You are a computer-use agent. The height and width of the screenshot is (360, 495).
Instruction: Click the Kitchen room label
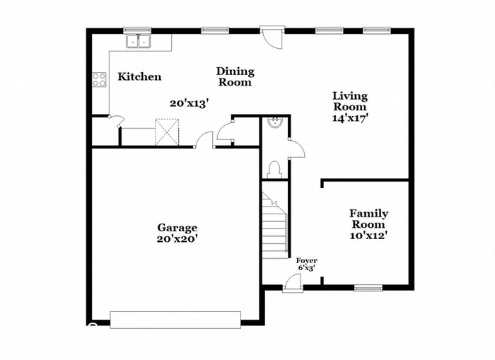pyautogui.click(x=139, y=76)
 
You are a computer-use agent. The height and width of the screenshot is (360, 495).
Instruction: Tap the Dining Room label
pyautogui.click(x=235, y=76)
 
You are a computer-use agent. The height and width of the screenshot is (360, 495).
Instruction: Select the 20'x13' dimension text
pyautogui.click(x=189, y=103)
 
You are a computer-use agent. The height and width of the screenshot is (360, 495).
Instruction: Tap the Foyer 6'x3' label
pyautogui.click(x=306, y=265)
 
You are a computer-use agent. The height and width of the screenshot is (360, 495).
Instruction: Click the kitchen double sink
pyautogui.click(x=139, y=42)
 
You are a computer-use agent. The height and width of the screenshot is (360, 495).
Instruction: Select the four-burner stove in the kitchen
pyautogui.click(x=98, y=80)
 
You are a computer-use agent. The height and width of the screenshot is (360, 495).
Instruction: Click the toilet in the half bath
pyautogui.click(x=275, y=169)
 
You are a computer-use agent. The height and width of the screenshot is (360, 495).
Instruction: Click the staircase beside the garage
pyautogui.click(x=274, y=226)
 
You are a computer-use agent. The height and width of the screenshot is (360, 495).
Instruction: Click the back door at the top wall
pyautogui.click(x=270, y=35)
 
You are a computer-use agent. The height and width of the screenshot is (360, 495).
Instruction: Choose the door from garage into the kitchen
pyautogui.click(x=205, y=139)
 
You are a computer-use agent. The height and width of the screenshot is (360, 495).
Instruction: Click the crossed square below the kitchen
pyautogui.click(x=168, y=132)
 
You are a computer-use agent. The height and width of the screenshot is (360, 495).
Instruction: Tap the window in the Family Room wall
pyautogui.click(x=368, y=288)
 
